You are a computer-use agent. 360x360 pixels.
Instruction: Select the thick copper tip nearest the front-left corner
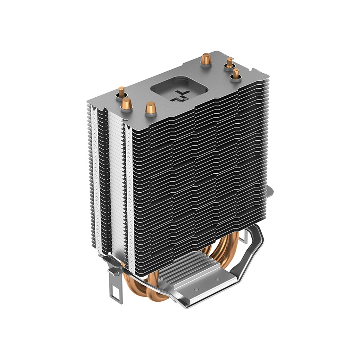(x=127, y=104)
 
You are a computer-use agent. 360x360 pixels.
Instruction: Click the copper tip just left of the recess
(x=150, y=107)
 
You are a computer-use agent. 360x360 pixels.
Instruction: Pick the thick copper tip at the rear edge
(x=205, y=59)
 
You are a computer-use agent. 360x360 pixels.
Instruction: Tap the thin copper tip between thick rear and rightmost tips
(x=230, y=63)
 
